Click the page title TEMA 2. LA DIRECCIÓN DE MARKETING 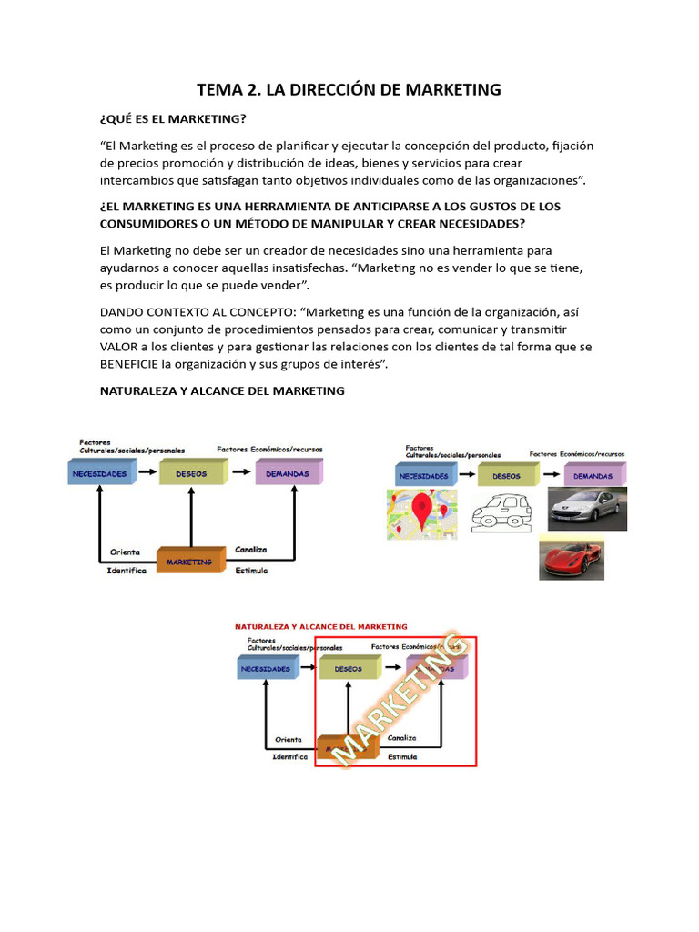click(349, 89)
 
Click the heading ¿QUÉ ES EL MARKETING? click(173, 119)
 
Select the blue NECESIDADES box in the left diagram click(101, 473)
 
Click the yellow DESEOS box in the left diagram click(191, 473)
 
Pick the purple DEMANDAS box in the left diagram click(289, 473)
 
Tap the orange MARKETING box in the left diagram click(190, 561)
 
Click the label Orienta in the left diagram click(126, 552)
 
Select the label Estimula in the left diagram click(251, 571)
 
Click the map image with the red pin click(421, 514)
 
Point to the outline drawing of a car click(501, 512)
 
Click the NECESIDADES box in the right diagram click(423, 475)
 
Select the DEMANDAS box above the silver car click(593, 475)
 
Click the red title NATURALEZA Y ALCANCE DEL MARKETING click(321, 626)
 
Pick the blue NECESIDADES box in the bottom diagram click(266, 669)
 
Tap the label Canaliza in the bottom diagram click(401, 738)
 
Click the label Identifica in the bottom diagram click(290, 756)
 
